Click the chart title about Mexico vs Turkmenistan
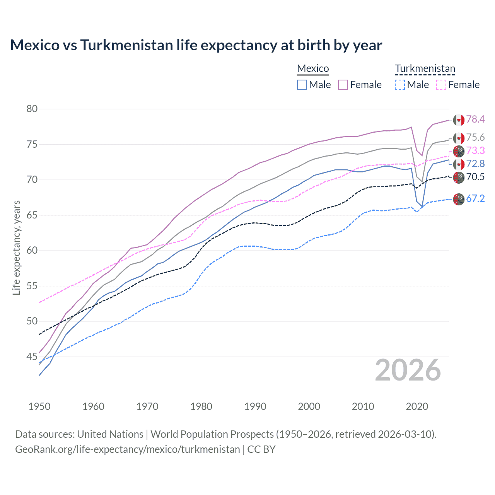[x=196, y=45]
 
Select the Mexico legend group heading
[x=313, y=69]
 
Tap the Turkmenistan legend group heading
[x=425, y=69]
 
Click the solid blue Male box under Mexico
[x=302, y=85]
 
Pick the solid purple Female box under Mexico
[x=343, y=85]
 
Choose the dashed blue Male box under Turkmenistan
[x=400, y=85]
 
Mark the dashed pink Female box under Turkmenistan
[x=441, y=85]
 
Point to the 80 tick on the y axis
[x=32, y=109]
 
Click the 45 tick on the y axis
[x=32, y=357]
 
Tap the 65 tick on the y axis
[x=32, y=215]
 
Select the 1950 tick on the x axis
[x=39, y=406]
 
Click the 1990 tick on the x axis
[x=255, y=406]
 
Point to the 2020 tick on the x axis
[x=417, y=406]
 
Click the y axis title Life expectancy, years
[x=17, y=247]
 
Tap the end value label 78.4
[x=475, y=119]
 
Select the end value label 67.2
[x=475, y=199]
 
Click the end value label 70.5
[x=475, y=177]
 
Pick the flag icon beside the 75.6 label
[x=459, y=138]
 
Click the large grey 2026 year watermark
[x=408, y=370]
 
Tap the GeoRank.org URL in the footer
[x=128, y=449]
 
